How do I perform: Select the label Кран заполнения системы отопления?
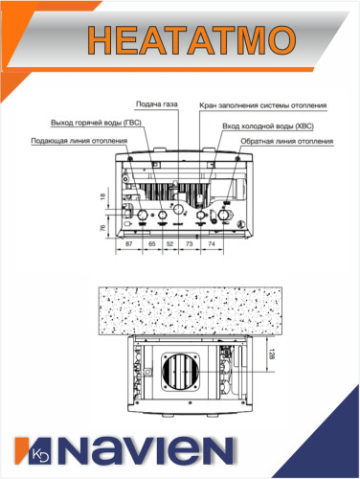pyautogui.click(x=262, y=106)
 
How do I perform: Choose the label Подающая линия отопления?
pyautogui.click(x=80, y=141)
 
